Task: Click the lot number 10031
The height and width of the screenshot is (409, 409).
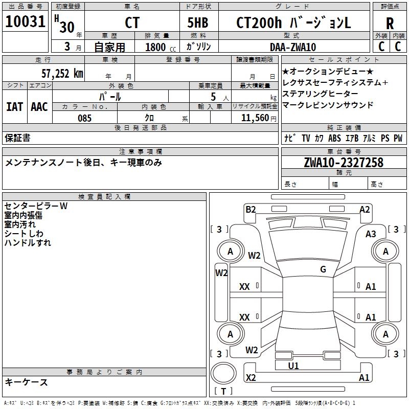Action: [26, 22]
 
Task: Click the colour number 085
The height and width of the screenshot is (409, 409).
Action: [84, 118]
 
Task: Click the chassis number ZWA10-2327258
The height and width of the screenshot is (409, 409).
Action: [344, 163]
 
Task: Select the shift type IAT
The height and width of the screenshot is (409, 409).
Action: [15, 107]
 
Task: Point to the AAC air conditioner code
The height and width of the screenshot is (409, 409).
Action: [39, 107]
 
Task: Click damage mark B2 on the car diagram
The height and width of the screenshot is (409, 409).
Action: [251, 209]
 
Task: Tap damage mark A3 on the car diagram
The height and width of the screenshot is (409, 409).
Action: [371, 234]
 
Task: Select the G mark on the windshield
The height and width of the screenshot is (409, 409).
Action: [323, 269]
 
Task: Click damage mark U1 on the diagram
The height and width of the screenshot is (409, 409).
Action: [293, 366]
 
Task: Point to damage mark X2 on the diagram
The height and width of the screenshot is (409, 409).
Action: [251, 377]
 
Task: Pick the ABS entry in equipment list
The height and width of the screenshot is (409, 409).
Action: [334, 138]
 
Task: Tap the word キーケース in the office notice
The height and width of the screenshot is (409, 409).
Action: [26, 382]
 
